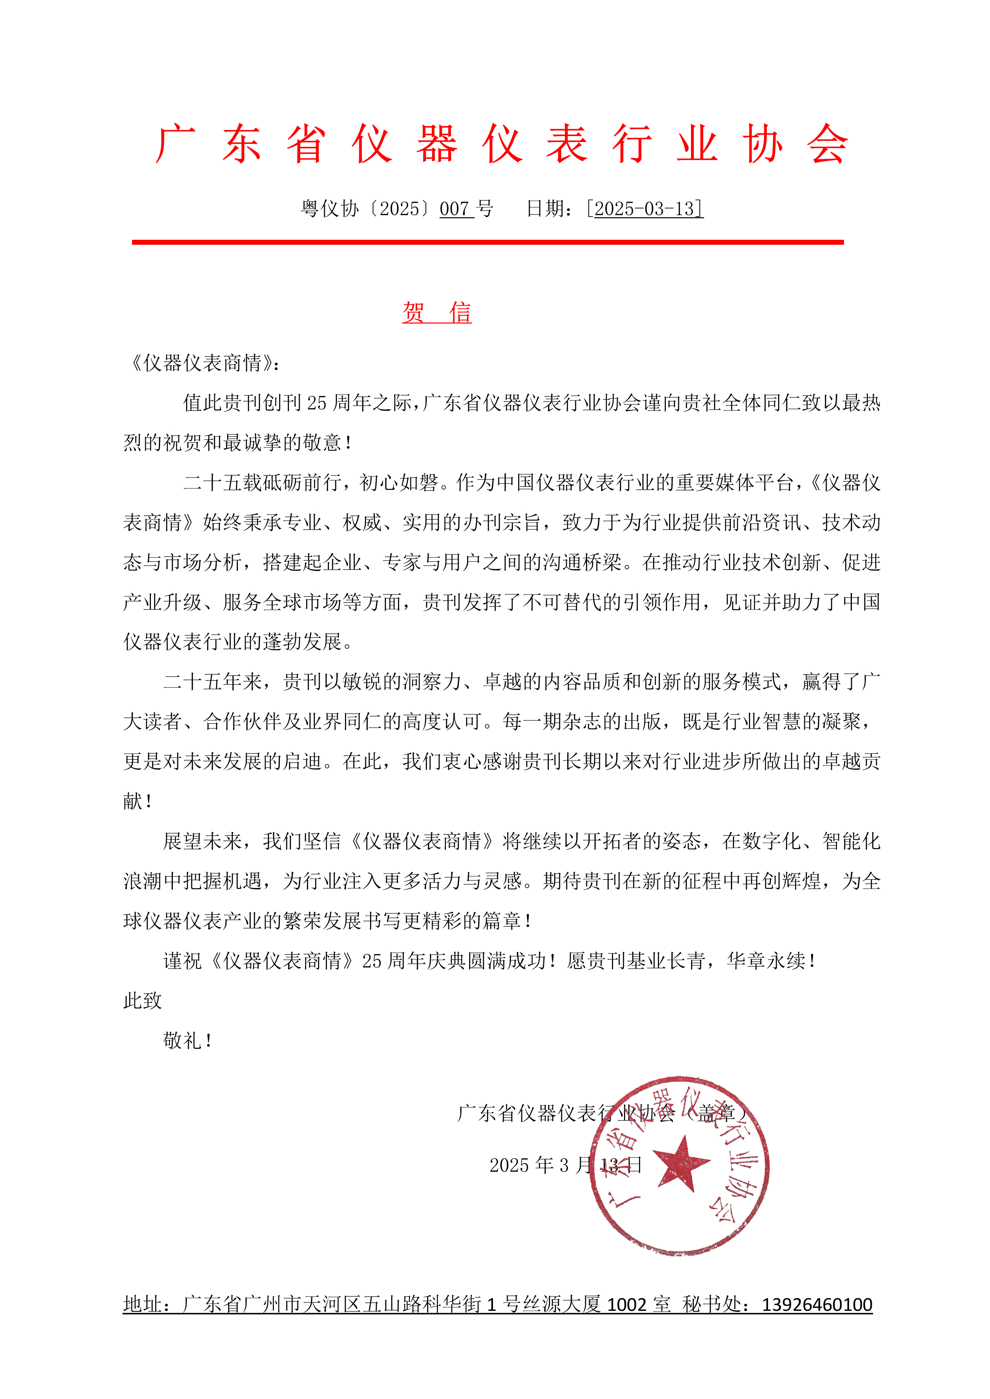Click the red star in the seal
[681, 1162]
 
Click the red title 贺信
[436, 313]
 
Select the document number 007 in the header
[455, 209]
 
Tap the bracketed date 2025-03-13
[644, 209]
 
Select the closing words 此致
[143, 1000]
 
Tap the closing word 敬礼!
[187, 1040]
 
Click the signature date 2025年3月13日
[565, 1165]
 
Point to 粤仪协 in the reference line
[330, 209]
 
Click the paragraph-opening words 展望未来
[202, 841]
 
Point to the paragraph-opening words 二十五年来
[212, 682]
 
